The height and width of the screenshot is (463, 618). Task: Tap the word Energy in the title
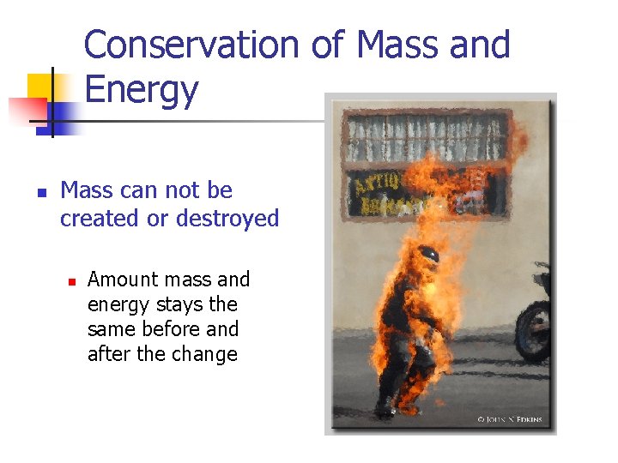click(142, 89)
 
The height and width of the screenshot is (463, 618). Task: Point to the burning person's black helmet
click(427, 255)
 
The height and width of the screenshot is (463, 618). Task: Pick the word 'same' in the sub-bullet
click(108, 329)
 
